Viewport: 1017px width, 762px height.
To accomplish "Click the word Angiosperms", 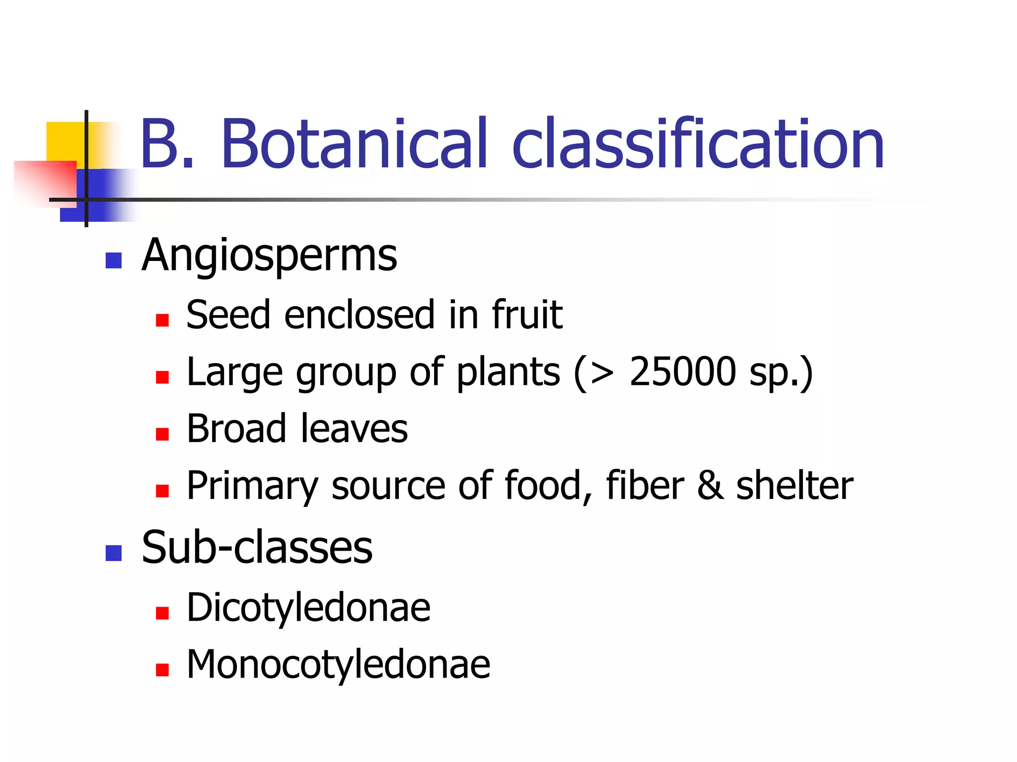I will pyautogui.click(x=269, y=256).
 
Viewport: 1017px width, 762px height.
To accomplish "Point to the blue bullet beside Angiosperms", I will pyautogui.click(x=114, y=260).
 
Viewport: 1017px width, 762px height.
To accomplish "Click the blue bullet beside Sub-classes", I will pyautogui.click(x=114, y=553).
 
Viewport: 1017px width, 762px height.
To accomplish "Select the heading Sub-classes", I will pyautogui.click(x=257, y=548).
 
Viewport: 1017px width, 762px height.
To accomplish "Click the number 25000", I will pyautogui.click(x=682, y=372).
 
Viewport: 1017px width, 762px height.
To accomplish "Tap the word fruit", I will pyautogui.click(x=527, y=315).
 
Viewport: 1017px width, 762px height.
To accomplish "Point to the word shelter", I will pyautogui.click(x=795, y=486).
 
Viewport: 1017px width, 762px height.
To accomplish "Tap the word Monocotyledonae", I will pyautogui.click(x=338, y=664).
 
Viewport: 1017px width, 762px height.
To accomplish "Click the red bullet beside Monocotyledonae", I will pyautogui.click(x=162, y=670).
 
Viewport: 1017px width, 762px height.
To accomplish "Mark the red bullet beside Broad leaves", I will pyautogui.click(x=162, y=435).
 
